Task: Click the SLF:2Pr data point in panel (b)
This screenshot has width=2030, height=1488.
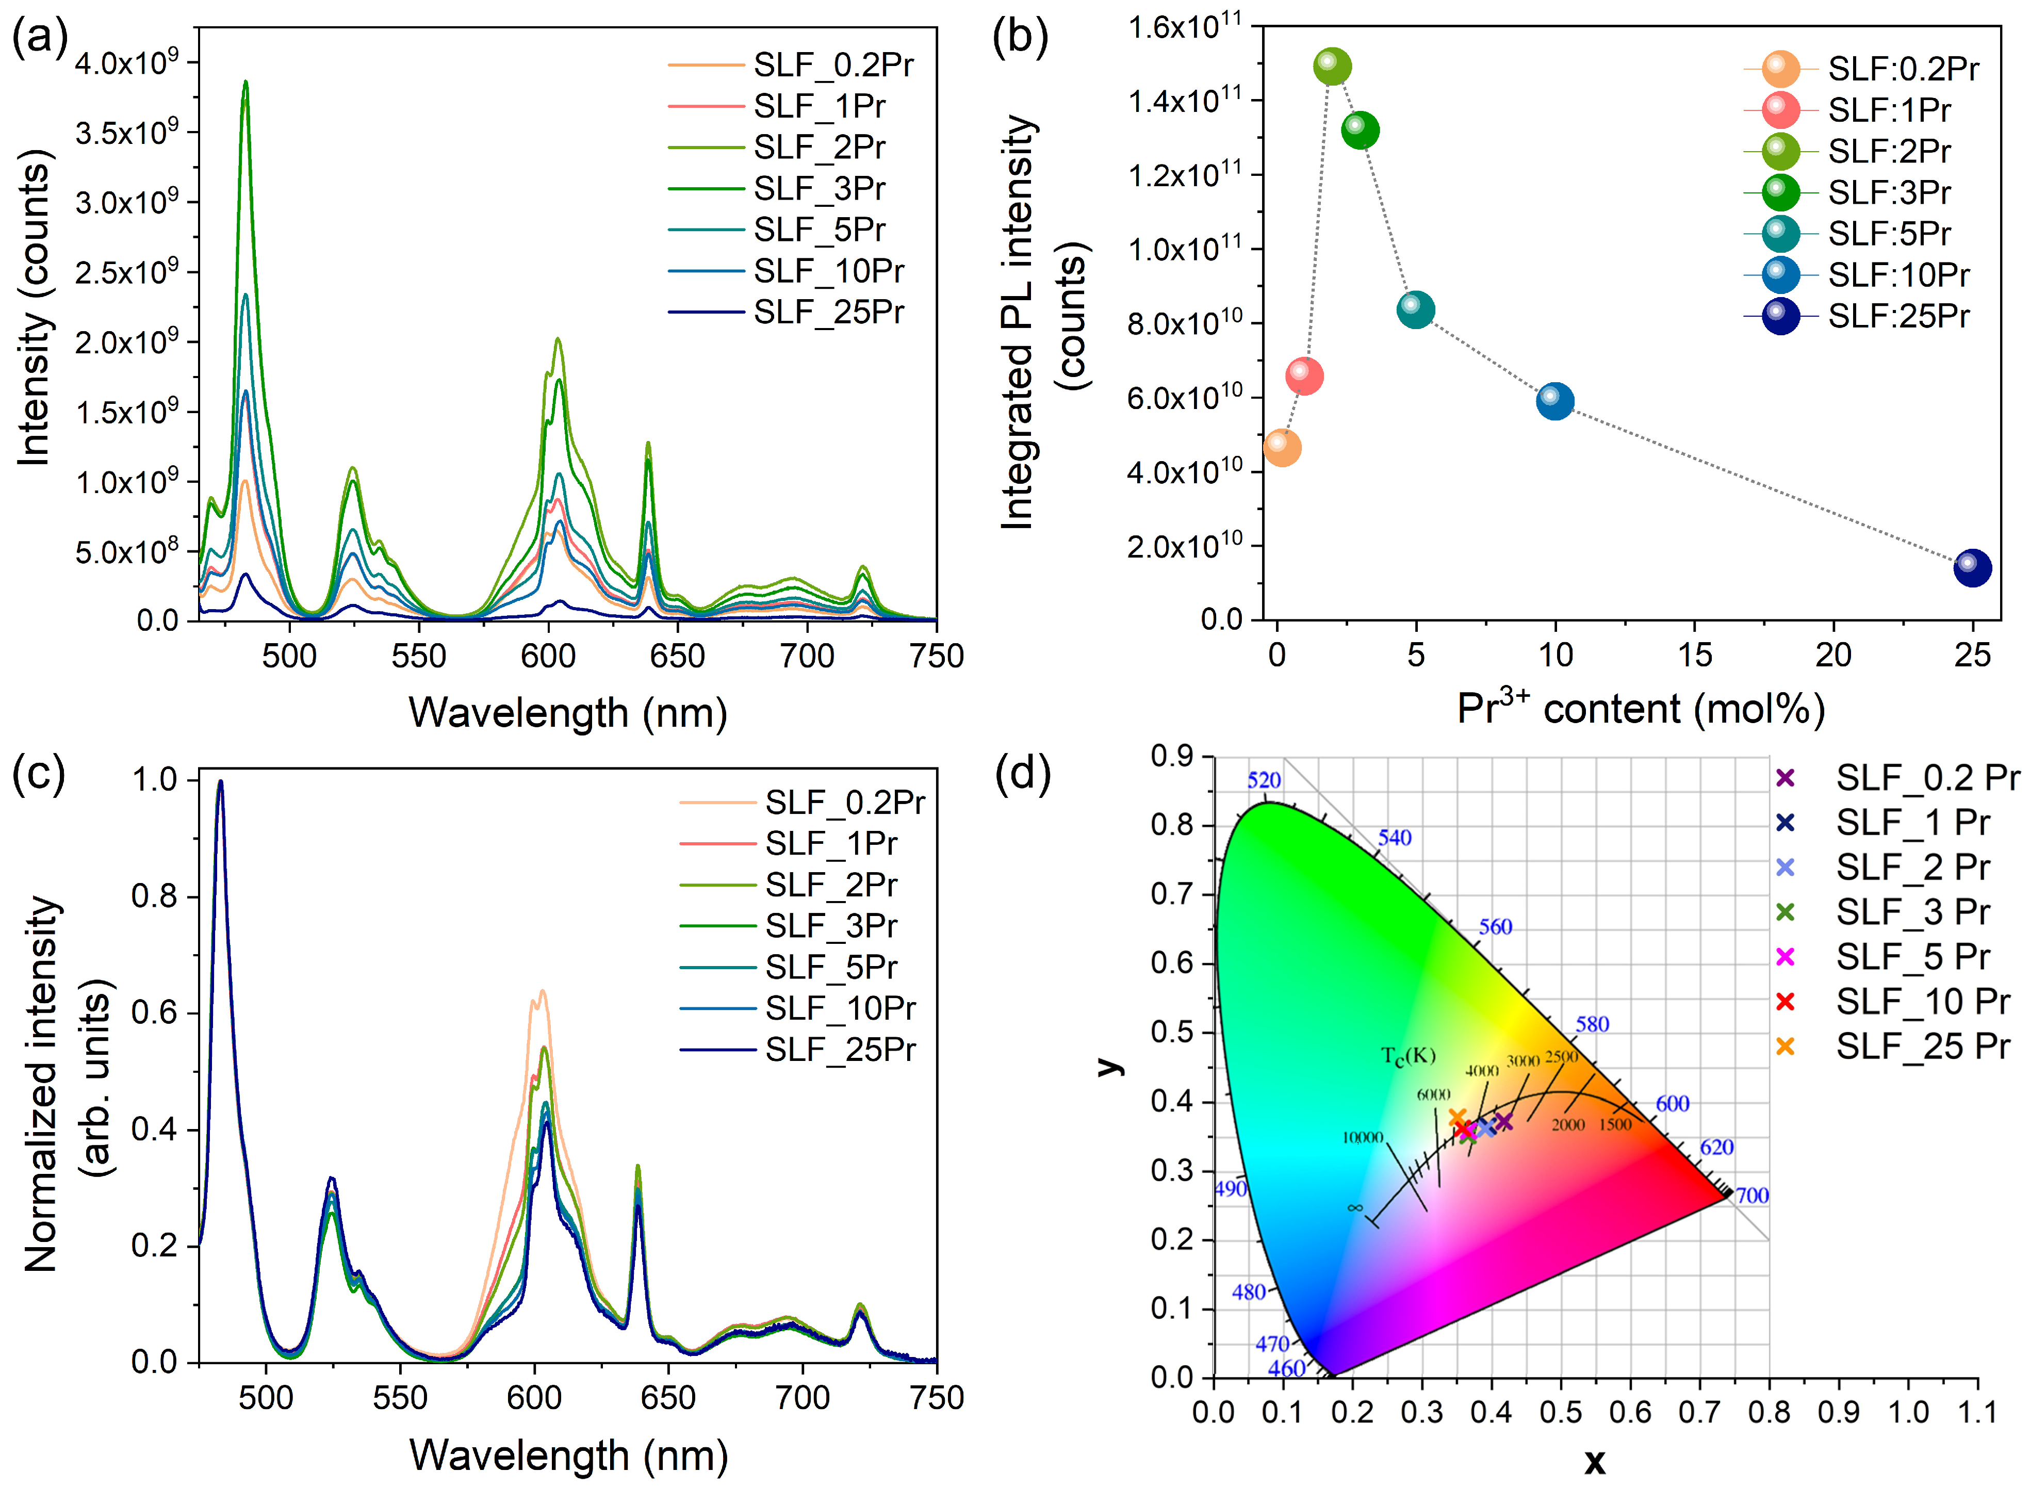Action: coord(1332,66)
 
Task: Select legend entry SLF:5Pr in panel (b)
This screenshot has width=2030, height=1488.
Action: coord(1889,233)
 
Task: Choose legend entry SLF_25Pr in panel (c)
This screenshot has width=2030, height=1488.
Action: coord(839,1050)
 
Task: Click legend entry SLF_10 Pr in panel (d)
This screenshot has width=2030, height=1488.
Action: coord(1922,1001)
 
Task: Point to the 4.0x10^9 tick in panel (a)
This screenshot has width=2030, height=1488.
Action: coord(126,63)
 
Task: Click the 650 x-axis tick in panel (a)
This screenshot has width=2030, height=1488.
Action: coord(677,655)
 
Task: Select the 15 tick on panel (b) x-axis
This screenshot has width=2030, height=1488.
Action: coord(1694,655)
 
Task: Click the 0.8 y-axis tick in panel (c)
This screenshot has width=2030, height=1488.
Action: coord(154,896)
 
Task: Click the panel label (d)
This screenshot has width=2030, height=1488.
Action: coord(1022,773)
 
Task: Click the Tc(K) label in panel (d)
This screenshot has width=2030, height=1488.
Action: coord(1407,1056)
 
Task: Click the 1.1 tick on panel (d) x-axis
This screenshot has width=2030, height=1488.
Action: coord(1977,1412)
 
